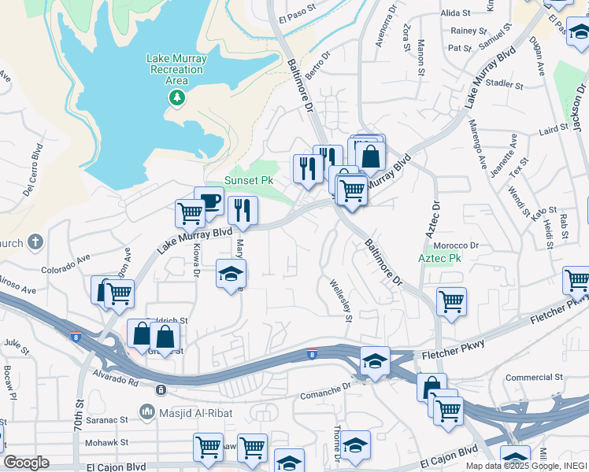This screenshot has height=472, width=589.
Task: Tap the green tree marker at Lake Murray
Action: pyautogui.click(x=177, y=98)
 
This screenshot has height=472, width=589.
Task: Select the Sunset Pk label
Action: pyautogui.click(x=249, y=180)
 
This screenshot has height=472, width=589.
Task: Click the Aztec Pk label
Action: pyautogui.click(x=439, y=258)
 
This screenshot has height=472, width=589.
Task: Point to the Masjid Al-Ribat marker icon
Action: pyautogui.click(x=146, y=411)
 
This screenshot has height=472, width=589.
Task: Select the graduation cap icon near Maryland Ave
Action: pyautogui.click(x=232, y=274)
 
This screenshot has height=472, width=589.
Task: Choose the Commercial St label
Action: pyautogui.click(x=534, y=378)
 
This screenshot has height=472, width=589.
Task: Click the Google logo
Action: pyautogui.click(x=26, y=463)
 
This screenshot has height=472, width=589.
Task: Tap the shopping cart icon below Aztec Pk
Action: pyautogui.click(x=451, y=301)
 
